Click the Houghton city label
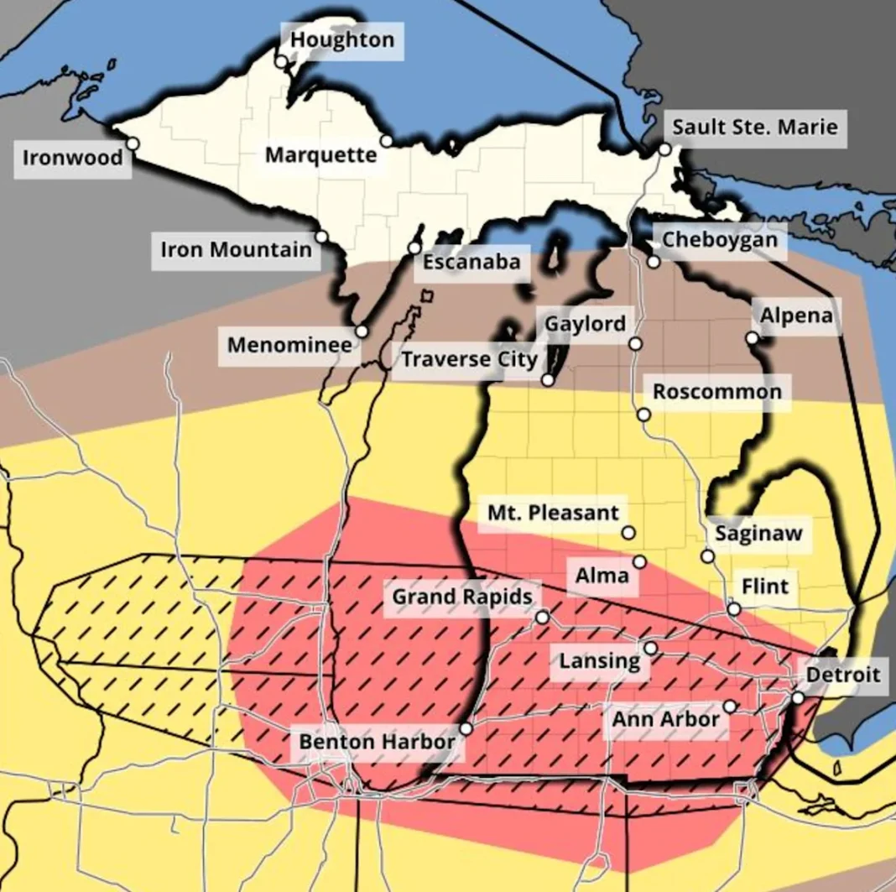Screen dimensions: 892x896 (342, 40)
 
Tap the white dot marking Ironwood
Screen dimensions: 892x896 (132, 144)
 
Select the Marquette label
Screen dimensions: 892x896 (320, 155)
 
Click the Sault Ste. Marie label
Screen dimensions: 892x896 (755, 128)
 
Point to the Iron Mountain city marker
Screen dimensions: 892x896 (320, 237)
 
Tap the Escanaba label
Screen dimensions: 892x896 (471, 263)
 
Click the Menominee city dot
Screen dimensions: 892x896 (362, 331)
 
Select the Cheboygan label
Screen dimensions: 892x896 (720, 240)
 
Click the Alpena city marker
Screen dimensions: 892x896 (752, 337)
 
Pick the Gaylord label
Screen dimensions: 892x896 (585, 324)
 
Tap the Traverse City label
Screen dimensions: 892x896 (469, 360)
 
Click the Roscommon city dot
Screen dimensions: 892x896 (643, 415)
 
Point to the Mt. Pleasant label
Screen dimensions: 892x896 (553, 513)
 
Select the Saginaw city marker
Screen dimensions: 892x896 (707, 556)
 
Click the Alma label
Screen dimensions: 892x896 (602, 576)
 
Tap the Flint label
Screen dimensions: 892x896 (765, 586)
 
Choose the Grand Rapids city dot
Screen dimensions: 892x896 (542, 618)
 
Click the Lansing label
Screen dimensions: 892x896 (599, 661)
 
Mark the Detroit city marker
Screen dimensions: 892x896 (798, 697)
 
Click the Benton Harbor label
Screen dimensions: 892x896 (377, 742)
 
